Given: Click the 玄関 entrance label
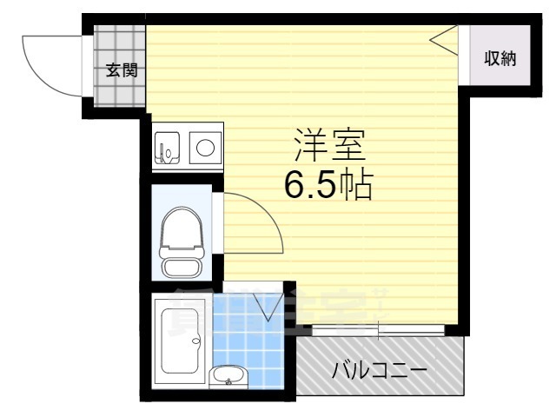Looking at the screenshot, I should pyautogui.click(x=121, y=70).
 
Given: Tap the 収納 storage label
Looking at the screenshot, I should pyautogui.click(x=500, y=58).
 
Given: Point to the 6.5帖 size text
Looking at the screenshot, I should pyautogui.click(x=329, y=184).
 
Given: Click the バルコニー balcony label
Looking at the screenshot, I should pyautogui.click(x=380, y=371).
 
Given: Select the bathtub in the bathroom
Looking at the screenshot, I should pyautogui.click(x=179, y=342).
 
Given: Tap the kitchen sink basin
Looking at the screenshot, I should pyautogui.click(x=167, y=148).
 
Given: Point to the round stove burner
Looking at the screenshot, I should pyautogui.click(x=206, y=146).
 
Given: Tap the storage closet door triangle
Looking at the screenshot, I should pyautogui.click(x=445, y=39).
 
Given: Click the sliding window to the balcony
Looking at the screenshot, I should pyautogui.click(x=380, y=330).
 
